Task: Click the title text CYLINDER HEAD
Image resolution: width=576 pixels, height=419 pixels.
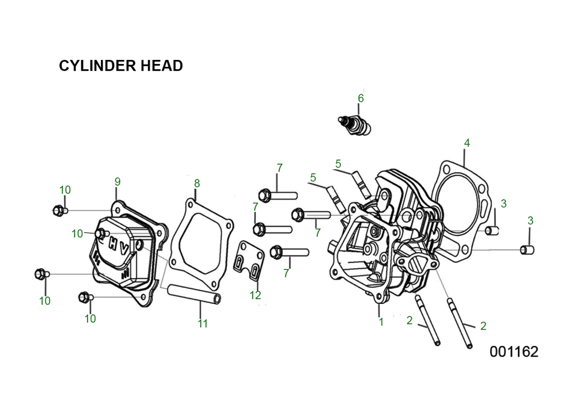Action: [121, 66]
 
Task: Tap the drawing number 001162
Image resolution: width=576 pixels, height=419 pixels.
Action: [514, 352]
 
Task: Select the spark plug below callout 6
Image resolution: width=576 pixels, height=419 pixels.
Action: [354, 126]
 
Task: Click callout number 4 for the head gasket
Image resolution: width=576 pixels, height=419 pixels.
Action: [467, 143]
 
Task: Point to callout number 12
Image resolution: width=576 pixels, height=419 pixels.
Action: [255, 295]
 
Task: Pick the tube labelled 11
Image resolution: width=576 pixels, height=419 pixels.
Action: [194, 295]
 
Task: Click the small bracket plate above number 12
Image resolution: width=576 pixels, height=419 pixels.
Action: [249, 261]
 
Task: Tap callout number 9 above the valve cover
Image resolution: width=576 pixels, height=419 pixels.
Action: [118, 182]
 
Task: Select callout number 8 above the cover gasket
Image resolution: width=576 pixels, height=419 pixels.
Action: [197, 183]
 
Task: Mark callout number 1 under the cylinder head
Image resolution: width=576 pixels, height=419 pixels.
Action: [381, 322]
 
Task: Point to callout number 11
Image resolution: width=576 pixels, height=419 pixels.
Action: [203, 323]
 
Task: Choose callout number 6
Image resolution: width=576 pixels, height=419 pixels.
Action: [361, 98]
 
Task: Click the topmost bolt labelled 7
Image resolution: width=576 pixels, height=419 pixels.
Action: [278, 195]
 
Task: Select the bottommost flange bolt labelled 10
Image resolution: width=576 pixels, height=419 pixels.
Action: [86, 297]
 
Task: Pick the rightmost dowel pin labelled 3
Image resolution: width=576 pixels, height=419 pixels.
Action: [528, 250]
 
